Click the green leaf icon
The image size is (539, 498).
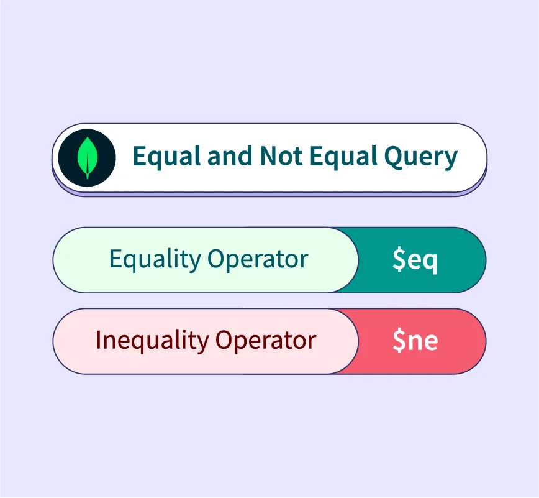coord(88,158)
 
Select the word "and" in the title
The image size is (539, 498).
coord(230,155)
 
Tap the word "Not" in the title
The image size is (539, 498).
coord(281,155)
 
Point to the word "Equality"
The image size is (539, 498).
coord(155,259)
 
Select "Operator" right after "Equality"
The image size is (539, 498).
coord(258,259)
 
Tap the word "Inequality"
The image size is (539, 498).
coord(152,341)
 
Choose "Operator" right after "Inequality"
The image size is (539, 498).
coord(266,341)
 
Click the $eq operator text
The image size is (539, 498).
coord(415,260)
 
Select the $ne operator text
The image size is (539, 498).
coord(415,340)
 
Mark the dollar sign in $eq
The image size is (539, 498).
coord(399,259)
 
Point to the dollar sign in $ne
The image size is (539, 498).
coord(399,340)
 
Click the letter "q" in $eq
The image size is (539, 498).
coord(431,264)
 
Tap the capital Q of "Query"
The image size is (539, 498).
coord(394,157)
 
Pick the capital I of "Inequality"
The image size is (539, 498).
coord(98,339)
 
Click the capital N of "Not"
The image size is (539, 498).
coord(269,155)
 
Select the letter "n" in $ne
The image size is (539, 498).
coord(415,342)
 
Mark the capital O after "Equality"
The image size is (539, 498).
coord(216,259)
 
